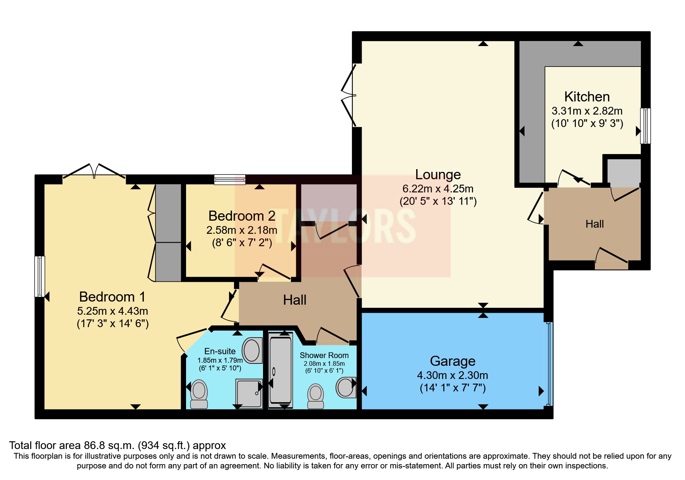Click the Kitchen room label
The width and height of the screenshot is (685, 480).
pyautogui.click(x=587, y=97)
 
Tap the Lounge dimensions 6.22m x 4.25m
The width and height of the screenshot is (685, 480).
pyautogui.click(x=438, y=189)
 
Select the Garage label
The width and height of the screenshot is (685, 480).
pyautogui.click(x=453, y=361)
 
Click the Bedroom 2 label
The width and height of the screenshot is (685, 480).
pyautogui.click(x=242, y=216)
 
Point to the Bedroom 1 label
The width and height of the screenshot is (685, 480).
pyautogui.click(x=112, y=297)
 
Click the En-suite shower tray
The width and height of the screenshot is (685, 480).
pyautogui.click(x=249, y=393)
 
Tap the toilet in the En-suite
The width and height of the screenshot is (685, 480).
pyautogui.click(x=199, y=394)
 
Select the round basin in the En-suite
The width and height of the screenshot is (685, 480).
pyautogui.click(x=252, y=350)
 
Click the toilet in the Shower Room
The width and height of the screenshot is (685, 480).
pyautogui.click(x=316, y=396)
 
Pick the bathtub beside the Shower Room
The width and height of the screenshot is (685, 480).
pyautogui.click(x=280, y=370)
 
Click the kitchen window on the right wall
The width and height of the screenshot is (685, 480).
pyautogui.click(x=645, y=126)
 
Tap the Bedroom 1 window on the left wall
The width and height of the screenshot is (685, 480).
pyautogui.click(x=39, y=276)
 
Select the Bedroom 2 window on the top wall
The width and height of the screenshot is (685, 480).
pyautogui.click(x=230, y=179)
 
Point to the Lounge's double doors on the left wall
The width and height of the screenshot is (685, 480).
pyautogui.click(x=348, y=96)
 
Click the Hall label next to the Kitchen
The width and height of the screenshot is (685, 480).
pyautogui.click(x=594, y=224)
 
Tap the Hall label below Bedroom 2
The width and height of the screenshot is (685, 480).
pyautogui.click(x=294, y=300)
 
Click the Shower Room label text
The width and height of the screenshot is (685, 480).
pyautogui.click(x=324, y=355)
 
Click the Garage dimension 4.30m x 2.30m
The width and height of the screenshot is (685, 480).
pyautogui.click(x=452, y=375)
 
